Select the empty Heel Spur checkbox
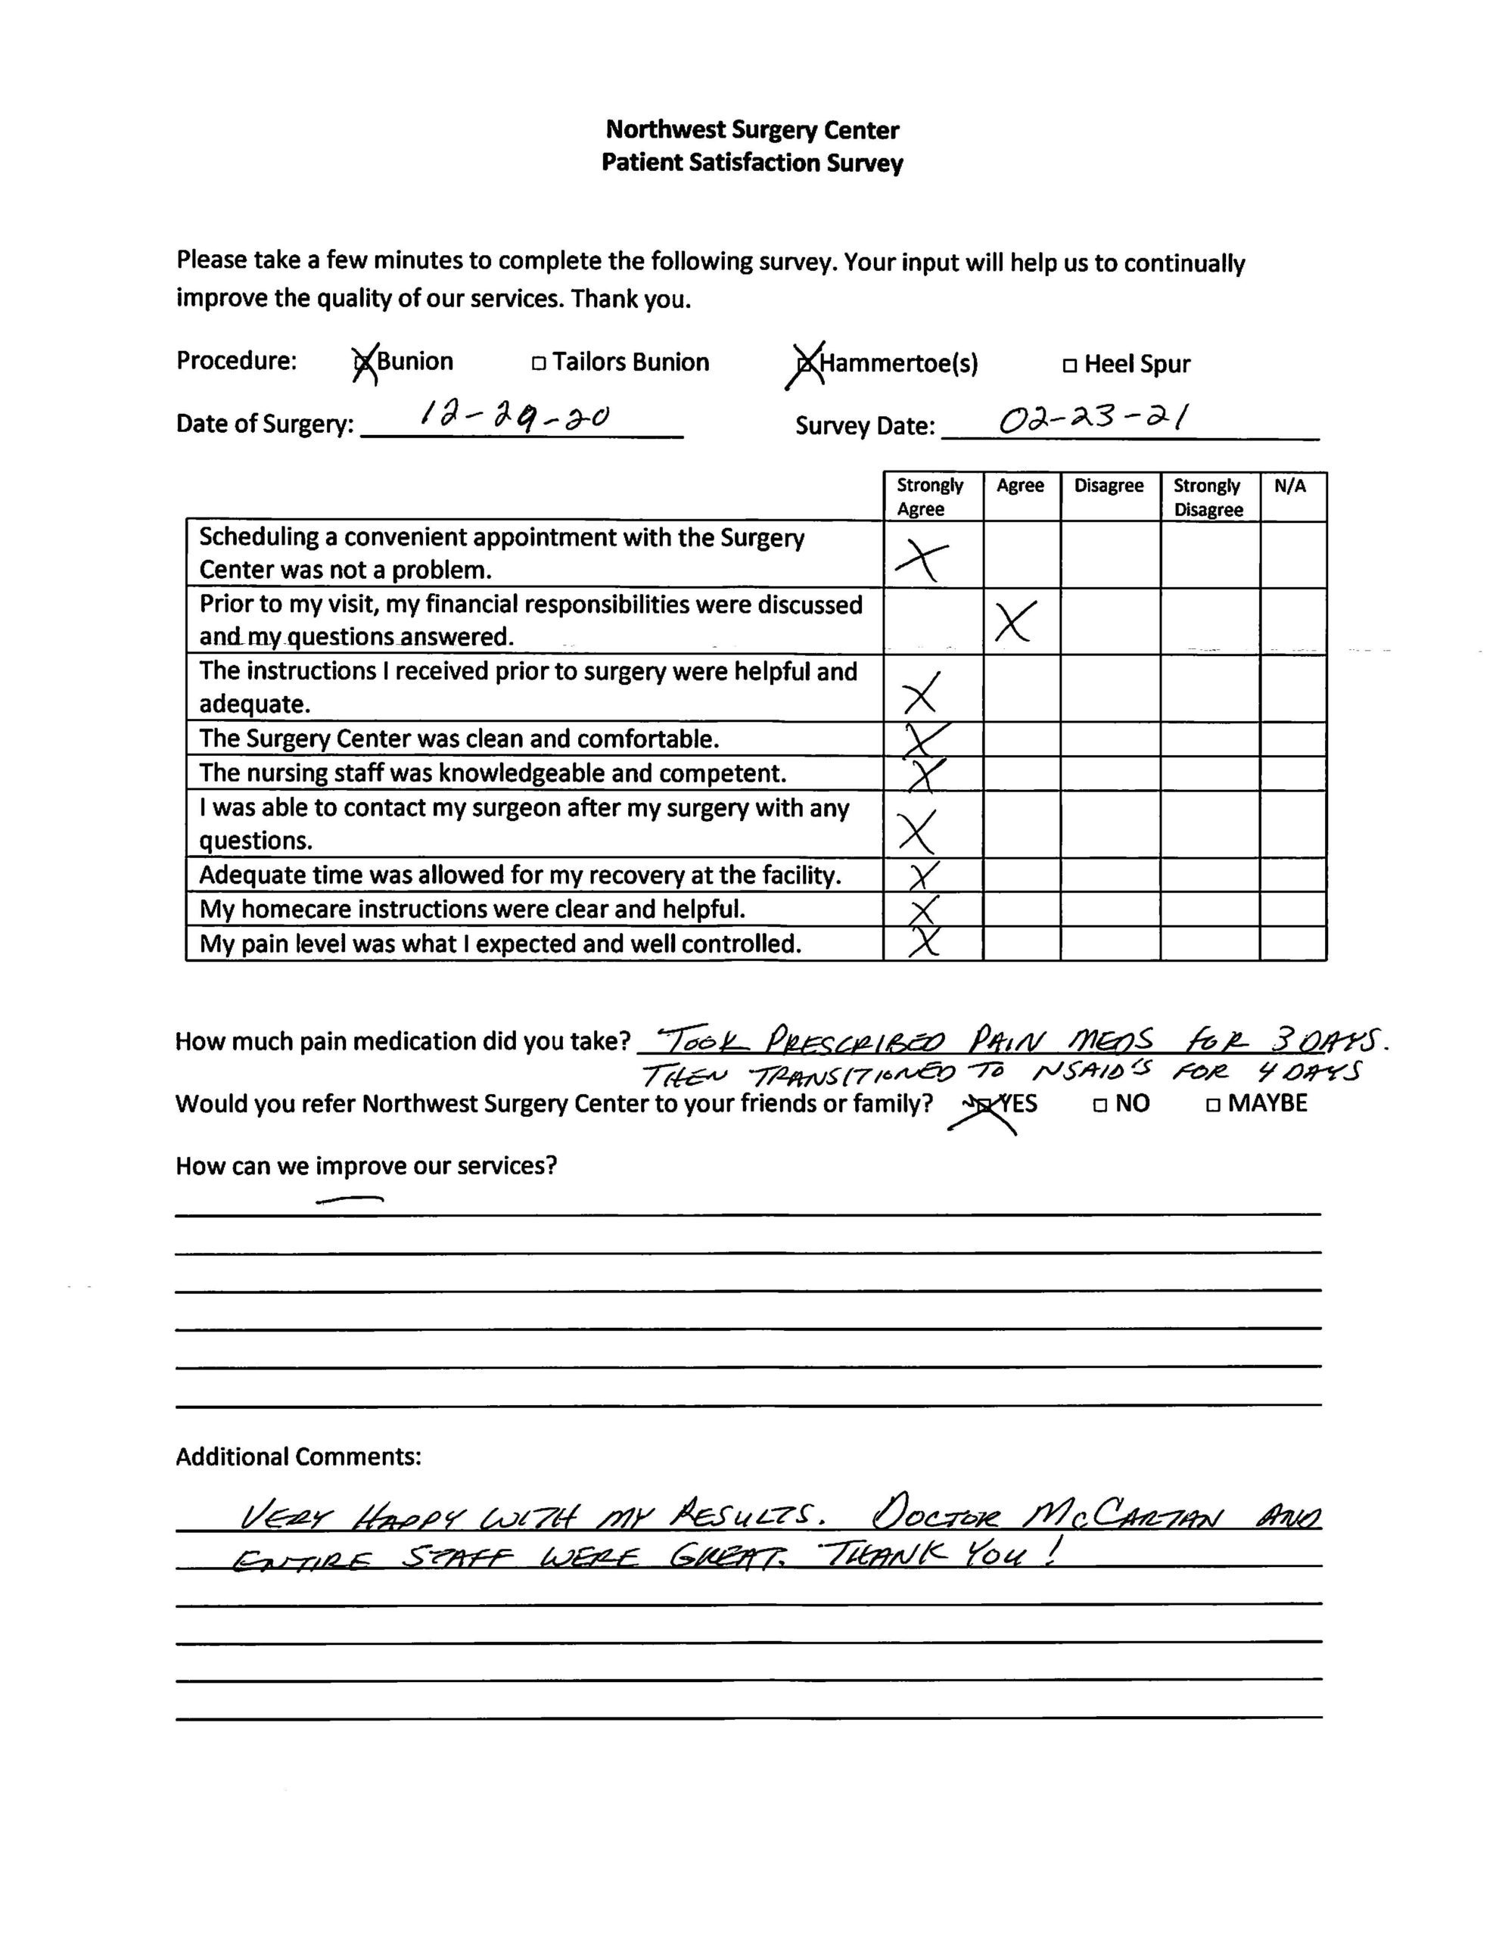tap(1070, 365)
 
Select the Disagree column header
tap(1109, 486)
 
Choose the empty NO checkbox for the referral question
tap(1100, 1105)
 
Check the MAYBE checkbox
tap(1212, 1105)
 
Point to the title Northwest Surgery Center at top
tap(752, 130)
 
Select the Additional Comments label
tap(298, 1457)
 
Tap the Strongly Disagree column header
tap(1208, 498)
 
